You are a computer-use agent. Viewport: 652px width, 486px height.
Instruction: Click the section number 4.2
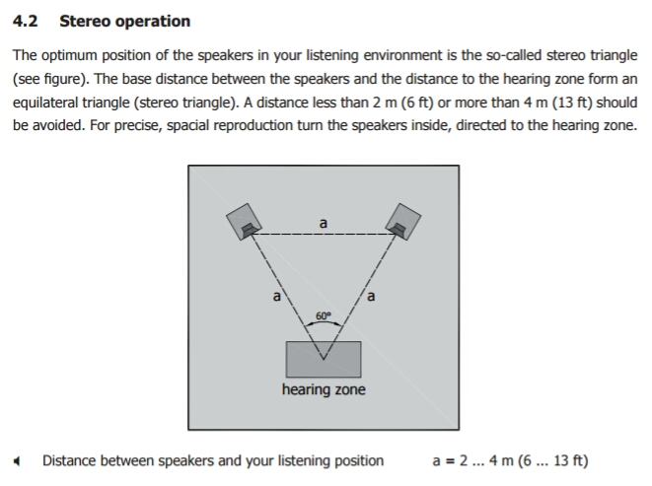click(26, 21)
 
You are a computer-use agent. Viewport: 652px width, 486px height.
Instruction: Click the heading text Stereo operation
click(125, 21)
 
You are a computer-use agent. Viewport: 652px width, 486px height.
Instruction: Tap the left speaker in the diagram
click(245, 222)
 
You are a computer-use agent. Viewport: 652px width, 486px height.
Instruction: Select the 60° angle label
click(324, 314)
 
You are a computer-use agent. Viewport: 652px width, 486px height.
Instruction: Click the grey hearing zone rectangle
click(324, 359)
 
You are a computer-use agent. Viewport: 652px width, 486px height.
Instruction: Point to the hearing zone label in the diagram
click(324, 390)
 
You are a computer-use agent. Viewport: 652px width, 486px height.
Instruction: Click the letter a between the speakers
click(324, 223)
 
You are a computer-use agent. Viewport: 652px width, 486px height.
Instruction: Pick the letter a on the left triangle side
click(277, 295)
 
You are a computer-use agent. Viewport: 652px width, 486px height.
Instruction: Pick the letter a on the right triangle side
click(371, 295)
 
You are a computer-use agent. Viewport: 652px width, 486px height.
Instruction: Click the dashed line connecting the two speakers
click(296, 235)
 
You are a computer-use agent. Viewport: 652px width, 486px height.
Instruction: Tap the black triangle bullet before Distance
click(18, 461)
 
